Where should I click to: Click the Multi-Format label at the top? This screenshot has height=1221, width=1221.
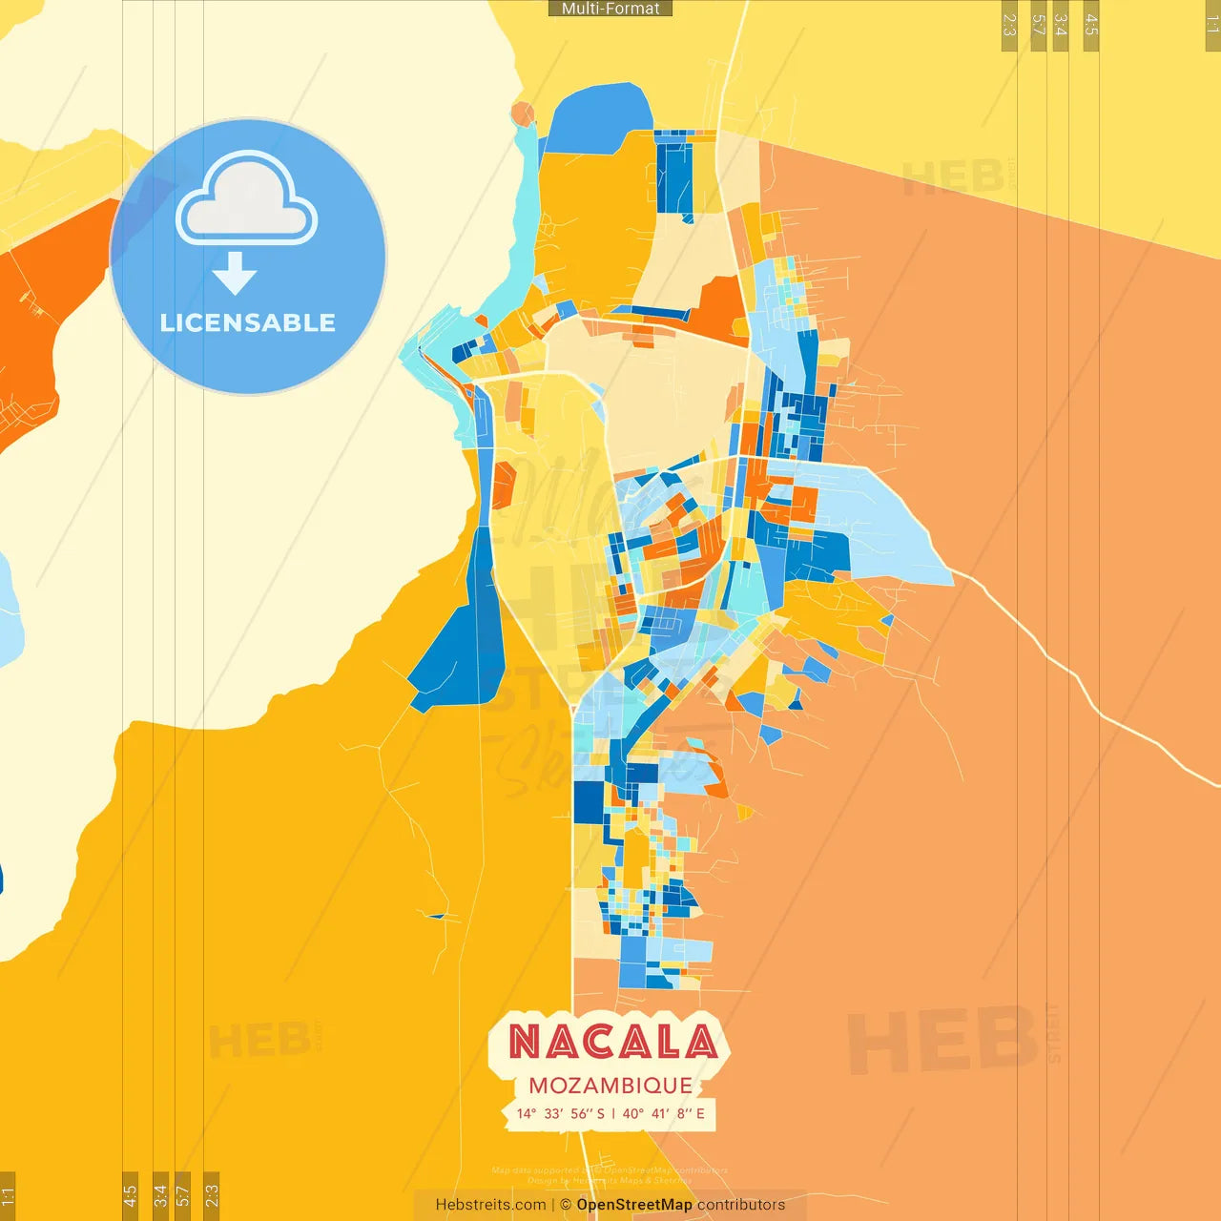click(610, 9)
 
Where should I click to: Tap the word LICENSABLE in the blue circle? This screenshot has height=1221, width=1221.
click(248, 322)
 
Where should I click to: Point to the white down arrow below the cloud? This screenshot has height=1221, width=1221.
click(235, 273)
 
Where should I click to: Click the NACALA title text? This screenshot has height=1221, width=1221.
click(612, 1042)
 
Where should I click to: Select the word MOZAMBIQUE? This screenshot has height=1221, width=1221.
click(610, 1086)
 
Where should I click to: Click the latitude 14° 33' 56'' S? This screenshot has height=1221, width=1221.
click(561, 1113)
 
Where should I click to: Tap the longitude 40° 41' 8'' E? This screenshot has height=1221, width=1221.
click(664, 1113)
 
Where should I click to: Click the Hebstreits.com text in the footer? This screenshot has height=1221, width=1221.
click(490, 1205)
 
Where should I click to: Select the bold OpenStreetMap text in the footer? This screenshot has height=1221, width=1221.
click(634, 1205)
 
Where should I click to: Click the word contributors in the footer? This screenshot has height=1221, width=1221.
click(741, 1205)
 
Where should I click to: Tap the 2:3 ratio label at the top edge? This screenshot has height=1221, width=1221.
click(1009, 25)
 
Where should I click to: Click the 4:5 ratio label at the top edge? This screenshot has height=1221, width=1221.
click(1091, 25)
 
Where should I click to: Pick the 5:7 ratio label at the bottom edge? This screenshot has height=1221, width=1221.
click(182, 1194)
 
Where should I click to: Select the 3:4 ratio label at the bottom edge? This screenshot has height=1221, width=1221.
click(160, 1194)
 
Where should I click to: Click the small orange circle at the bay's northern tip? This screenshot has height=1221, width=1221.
click(522, 114)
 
